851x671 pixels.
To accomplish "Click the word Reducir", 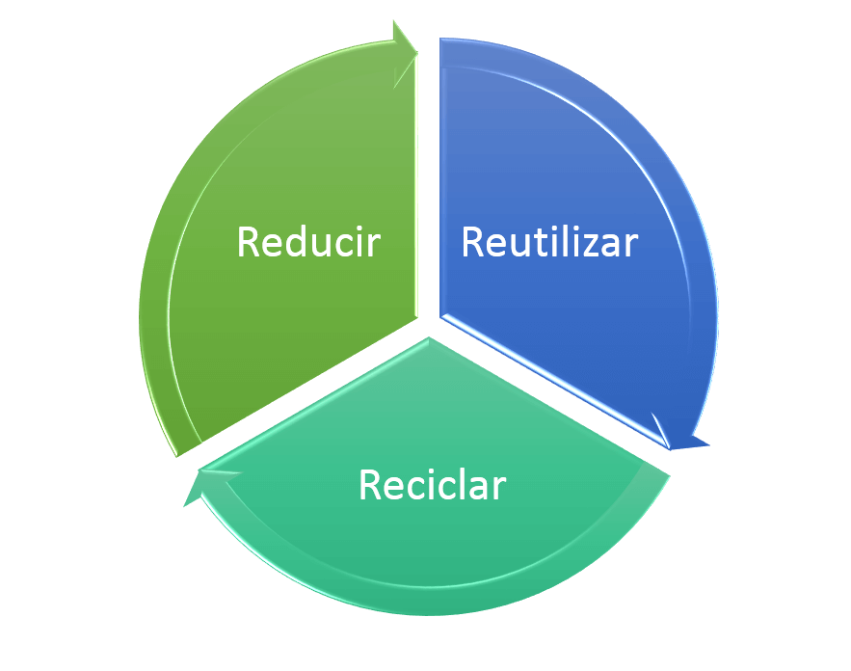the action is tap(308, 242).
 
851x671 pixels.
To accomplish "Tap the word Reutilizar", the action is tap(549, 242).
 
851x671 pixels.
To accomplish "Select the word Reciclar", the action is tap(433, 485).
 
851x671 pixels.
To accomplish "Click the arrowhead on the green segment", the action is tap(404, 54).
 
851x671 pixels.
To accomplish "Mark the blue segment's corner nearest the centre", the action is tap(440, 316).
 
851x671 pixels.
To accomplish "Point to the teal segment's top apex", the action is tap(429, 337).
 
